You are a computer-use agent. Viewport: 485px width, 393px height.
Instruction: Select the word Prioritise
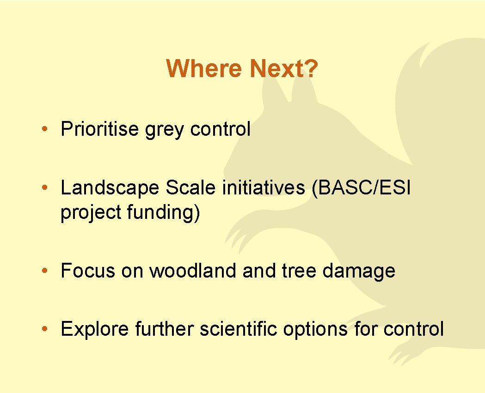click(99, 129)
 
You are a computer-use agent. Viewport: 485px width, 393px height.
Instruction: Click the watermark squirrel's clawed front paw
click(240, 236)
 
